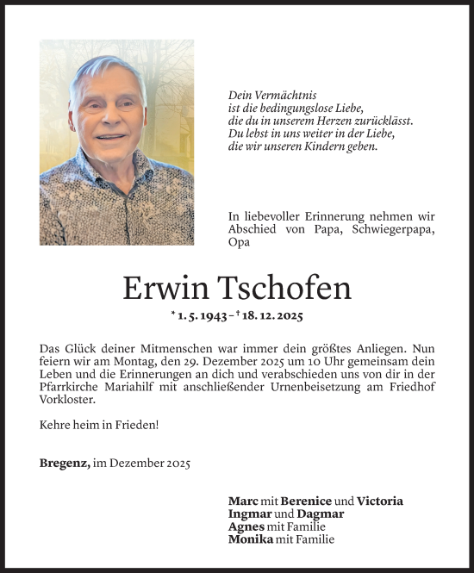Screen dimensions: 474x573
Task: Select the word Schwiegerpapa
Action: pyautogui.click(x=395, y=230)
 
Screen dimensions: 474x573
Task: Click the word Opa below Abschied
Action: pyautogui.click(x=239, y=243)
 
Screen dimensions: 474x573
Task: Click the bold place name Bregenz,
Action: pyautogui.click(x=65, y=463)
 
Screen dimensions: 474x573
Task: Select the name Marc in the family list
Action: pyautogui.click(x=243, y=501)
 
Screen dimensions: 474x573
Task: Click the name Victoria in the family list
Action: pyautogui.click(x=380, y=501)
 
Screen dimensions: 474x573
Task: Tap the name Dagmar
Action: pyautogui.click(x=321, y=514)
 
